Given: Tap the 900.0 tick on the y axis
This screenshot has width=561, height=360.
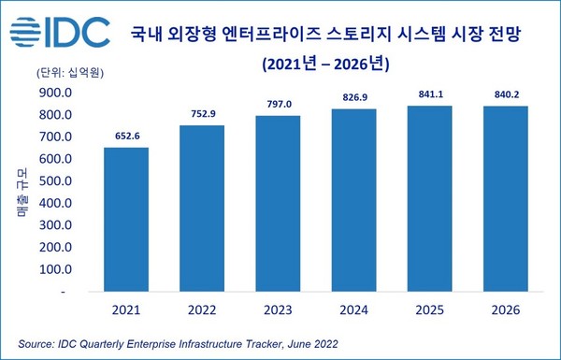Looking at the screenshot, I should click(x=55, y=93).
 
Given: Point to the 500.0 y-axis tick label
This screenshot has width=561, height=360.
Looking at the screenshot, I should click(x=55, y=181).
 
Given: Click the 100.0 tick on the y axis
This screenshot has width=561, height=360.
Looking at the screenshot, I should click(x=55, y=269).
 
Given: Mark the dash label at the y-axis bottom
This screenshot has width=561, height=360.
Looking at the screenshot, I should click(x=63, y=292).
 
